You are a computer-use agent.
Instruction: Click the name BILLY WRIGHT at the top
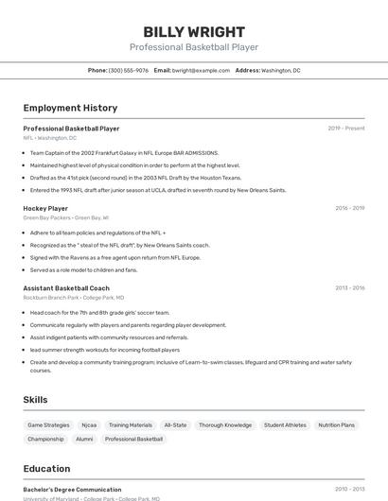(194, 32)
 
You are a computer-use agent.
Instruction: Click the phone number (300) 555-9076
(129, 70)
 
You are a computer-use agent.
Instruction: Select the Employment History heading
(70, 108)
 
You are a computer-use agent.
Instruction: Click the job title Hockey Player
(45, 208)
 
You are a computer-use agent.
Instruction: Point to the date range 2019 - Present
(346, 129)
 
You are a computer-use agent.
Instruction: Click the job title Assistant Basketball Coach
(66, 288)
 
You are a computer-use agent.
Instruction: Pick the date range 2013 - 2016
(350, 288)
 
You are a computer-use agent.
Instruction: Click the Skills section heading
(35, 400)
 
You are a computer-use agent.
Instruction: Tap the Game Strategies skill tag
(48, 425)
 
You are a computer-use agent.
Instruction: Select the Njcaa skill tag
(89, 425)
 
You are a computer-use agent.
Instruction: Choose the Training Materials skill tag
(130, 425)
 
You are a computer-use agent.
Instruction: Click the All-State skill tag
(175, 425)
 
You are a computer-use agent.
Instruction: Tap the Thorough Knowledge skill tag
(225, 425)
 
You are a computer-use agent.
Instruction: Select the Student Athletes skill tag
(285, 425)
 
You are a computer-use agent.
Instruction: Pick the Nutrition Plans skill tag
(337, 425)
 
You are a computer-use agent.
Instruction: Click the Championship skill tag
(45, 439)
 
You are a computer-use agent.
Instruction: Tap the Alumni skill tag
(84, 439)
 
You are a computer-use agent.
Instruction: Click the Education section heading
(46, 469)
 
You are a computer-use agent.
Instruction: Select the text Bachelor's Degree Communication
(72, 490)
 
